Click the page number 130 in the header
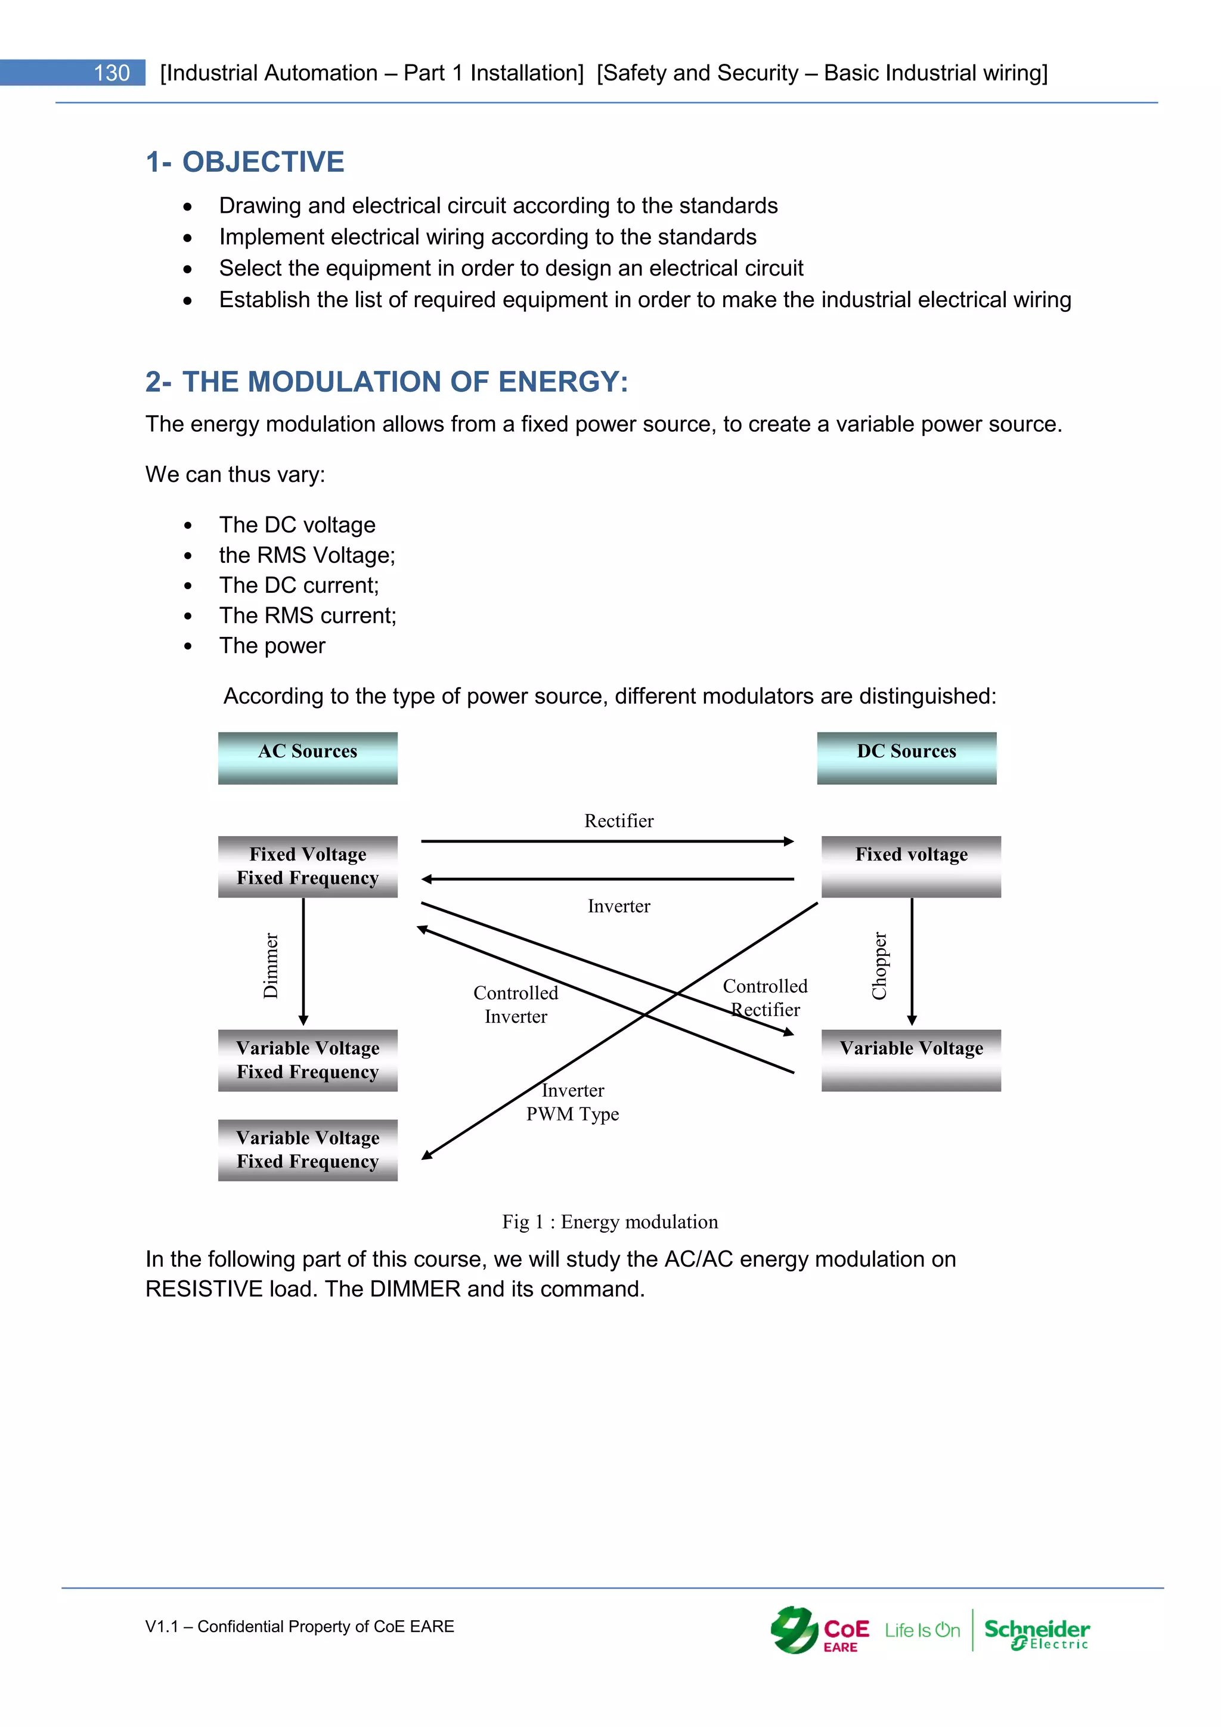(x=111, y=73)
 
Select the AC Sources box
(x=308, y=757)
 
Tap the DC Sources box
(x=906, y=757)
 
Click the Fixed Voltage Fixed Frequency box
(x=308, y=866)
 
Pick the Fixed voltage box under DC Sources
(x=910, y=866)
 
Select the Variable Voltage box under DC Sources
(x=910, y=1060)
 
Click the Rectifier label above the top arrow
(x=619, y=821)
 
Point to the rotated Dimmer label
(x=271, y=966)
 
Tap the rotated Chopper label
(x=879, y=966)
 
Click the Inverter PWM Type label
(x=573, y=1102)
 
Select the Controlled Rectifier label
(x=765, y=998)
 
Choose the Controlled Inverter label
(x=516, y=1004)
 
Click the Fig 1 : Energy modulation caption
(x=610, y=1221)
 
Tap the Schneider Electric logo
(x=1037, y=1633)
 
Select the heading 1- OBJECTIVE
(x=245, y=162)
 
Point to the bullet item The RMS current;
(x=308, y=615)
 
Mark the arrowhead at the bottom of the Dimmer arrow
(x=303, y=1021)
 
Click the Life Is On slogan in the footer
(x=922, y=1631)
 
